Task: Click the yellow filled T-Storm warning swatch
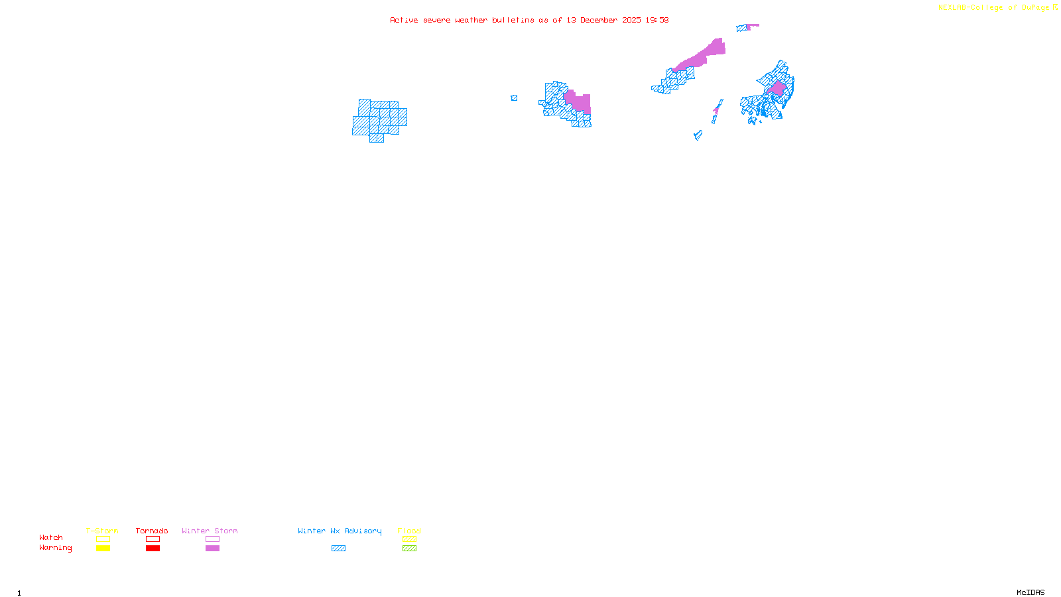pyautogui.click(x=103, y=549)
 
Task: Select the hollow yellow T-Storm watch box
pyautogui.click(x=103, y=539)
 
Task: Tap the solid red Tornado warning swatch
pyautogui.click(x=153, y=549)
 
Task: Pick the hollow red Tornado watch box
pyautogui.click(x=153, y=539)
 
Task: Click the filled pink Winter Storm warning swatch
pyautogui.click(x=212, y=549)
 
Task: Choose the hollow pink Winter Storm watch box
pyautogui.click(x=212, y=539)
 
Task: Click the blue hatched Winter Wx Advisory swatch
pyautogui.click(x=338, y=549)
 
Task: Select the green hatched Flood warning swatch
pyautogui.click(x=409, y=549)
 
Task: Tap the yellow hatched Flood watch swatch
pyautogui.click(x=409, y=539)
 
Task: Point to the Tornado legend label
pyautogui.click(x=152, y=531)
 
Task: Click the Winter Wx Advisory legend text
pyautogui.click(x=340, y=531)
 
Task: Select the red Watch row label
pyautogui.click(x=51, y=538)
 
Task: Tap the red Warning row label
pyautogui.click(x=56, y=548)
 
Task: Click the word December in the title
pyautogui.click(x=599, y=21)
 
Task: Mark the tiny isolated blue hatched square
pyautogui.click(x=514, y=98)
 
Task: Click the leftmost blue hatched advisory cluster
pyautogui.click(x=379, y=120)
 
